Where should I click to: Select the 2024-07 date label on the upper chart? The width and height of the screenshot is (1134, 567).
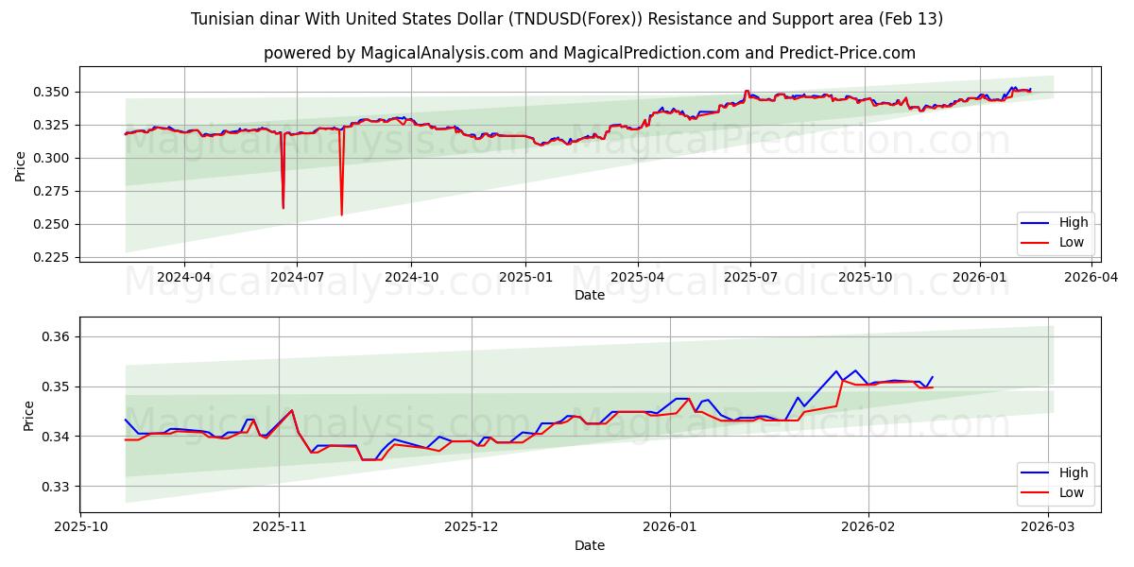297,277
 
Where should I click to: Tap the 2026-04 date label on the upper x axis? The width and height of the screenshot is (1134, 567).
1092,277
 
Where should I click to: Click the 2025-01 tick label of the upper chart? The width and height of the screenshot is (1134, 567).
524,277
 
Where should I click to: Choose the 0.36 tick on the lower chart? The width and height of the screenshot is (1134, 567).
59,337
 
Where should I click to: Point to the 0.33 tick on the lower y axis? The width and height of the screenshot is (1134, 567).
59,487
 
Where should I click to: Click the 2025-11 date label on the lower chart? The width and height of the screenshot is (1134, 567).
280,527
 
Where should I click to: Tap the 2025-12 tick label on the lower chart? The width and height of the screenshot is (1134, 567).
472,527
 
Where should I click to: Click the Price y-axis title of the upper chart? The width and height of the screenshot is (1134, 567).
21,164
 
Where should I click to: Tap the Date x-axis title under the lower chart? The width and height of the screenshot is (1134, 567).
590,545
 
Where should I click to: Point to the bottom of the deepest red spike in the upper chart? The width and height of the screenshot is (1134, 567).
341,215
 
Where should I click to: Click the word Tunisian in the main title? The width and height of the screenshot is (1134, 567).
224,19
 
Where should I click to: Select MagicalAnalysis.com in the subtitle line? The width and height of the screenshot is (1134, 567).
441,53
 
